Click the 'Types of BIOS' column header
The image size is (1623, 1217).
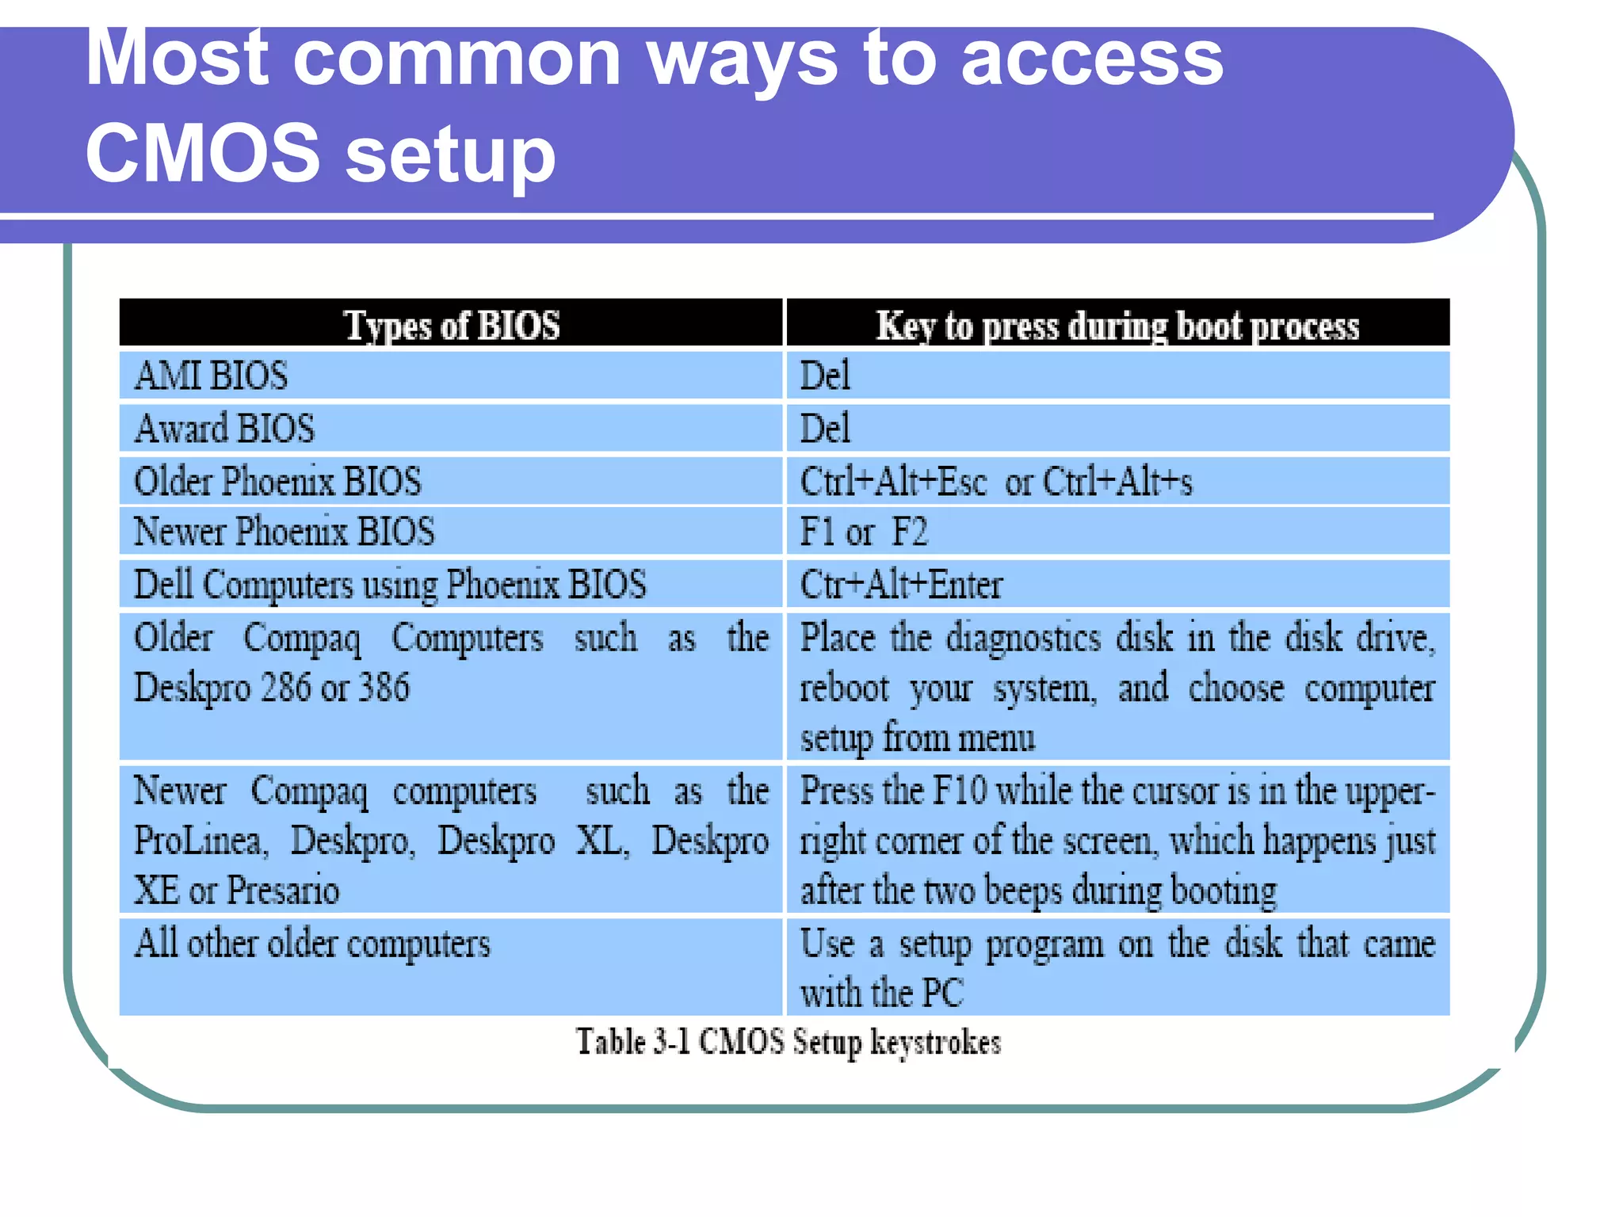pyautogui.click(x=451, y=326)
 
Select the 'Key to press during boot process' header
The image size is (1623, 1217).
pyautogui.click(x=1117, y=326)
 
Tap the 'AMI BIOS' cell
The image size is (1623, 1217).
pyautogui.click(x=212, y=376)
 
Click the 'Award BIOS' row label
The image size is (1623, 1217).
pyautogui.click(x=225, y=429)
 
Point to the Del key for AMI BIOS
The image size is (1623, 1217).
pyautogui.click(x=825, y=376)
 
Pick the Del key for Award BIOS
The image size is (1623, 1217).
pyautogui.click(x=825, y=429)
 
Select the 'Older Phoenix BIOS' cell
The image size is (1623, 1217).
pyautogui.click(x=277, y=482)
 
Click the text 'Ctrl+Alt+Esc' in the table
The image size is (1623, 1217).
pyautogui.click(x=893, y=482)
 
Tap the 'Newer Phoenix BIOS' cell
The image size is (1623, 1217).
pyautogui.click(x=284, y=532)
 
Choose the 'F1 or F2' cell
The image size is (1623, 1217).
pyautogui.click(x=864, y=532)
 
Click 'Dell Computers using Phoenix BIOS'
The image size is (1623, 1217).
pyautogui.click(x=390, y=585)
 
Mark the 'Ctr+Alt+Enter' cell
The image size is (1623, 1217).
pyautogui.click(x=901, y=585)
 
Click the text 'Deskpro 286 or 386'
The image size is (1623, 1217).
pyautogui.click(x=272, y=688)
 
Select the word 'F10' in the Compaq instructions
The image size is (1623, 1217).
pyautogui.click(x=960, y=791)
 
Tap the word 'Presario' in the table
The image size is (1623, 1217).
pyautogui.click(x=283, y=891)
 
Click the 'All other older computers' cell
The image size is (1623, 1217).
pyautogui.click(x=312, y=944)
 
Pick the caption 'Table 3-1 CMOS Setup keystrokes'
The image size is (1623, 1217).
pyautogui.click(x=789, y=1041)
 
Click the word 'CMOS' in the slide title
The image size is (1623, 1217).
pyautogui.click(x=202, y=152)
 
